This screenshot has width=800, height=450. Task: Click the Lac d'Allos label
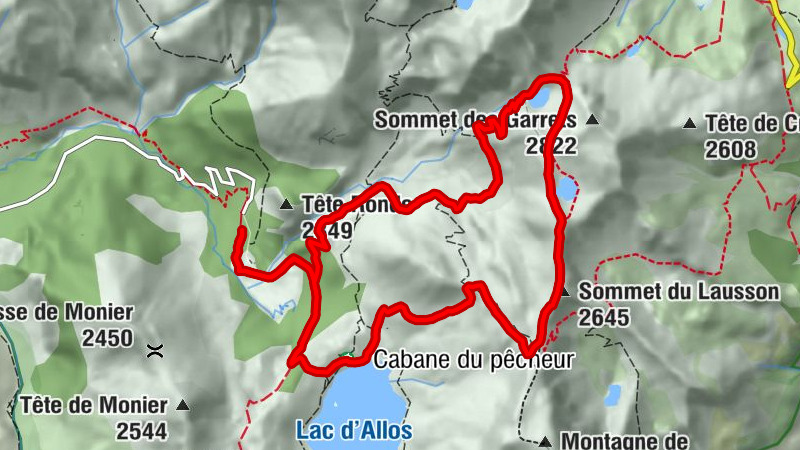tap(354, 430)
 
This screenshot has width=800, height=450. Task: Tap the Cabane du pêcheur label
tap(474, 360)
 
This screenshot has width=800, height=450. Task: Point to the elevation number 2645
tap(604, 318)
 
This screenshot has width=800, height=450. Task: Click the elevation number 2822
tap(551, 146)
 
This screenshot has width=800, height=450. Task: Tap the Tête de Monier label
tap(92, 406)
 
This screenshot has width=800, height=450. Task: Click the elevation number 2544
tap(141, 432)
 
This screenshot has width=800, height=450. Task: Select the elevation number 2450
tap(108, 338)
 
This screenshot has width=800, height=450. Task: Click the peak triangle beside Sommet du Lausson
tap(565, 293)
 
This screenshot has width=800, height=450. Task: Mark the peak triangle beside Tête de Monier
tap(183, 406)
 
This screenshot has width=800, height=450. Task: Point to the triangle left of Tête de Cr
tap(690, 124)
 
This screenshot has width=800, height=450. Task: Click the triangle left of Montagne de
tap(545, 441)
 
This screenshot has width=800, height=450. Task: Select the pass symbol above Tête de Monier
tap(155, 351)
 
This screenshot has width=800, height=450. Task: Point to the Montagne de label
tap(624, 440)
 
